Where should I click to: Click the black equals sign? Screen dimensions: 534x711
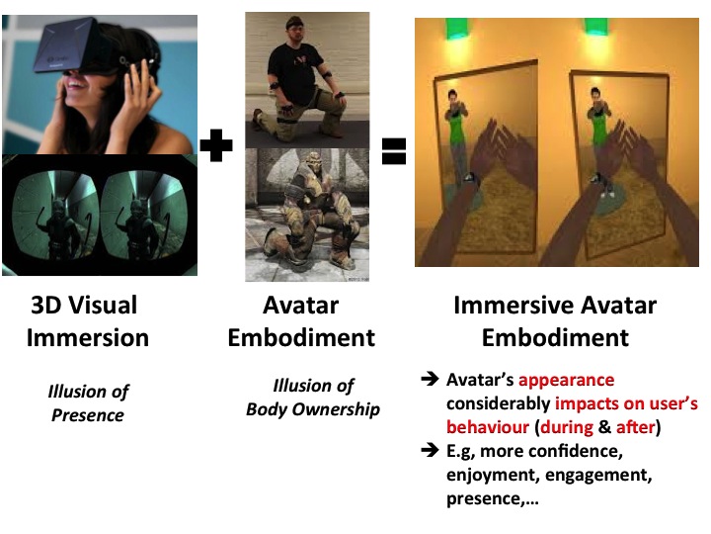click(x=394, y=150)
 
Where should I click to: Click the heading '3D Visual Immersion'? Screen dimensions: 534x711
click(x=88, y=320)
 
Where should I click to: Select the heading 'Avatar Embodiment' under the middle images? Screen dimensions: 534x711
click(x=301, y=320)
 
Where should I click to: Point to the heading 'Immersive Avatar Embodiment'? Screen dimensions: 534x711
click(x=554, y=320)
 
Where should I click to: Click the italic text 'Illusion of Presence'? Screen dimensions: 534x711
click(x=88, y=402)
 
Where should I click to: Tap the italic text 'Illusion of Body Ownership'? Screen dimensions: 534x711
click(x=313, y=396)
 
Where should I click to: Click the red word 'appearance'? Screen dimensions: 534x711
click(x=566, y=381)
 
